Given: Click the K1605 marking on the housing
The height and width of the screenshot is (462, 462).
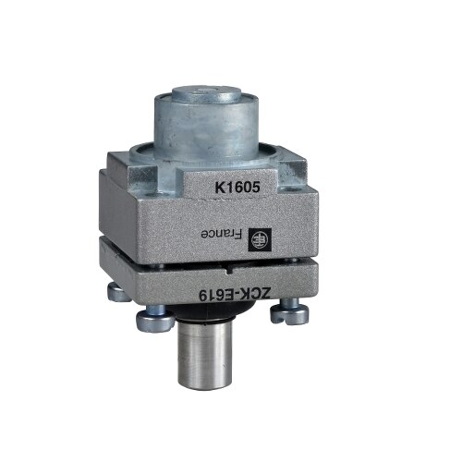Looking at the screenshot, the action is pos(237,187).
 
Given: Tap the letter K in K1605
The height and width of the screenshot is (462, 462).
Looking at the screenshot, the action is pos(219,188).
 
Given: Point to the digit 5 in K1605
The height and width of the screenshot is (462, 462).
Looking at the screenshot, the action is pos(256,187).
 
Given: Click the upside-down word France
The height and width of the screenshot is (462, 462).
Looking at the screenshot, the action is pos(221,235).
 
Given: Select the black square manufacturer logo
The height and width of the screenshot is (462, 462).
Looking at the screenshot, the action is pos(260,238).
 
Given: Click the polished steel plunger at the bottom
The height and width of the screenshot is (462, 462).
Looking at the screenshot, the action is pos(204,350).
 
